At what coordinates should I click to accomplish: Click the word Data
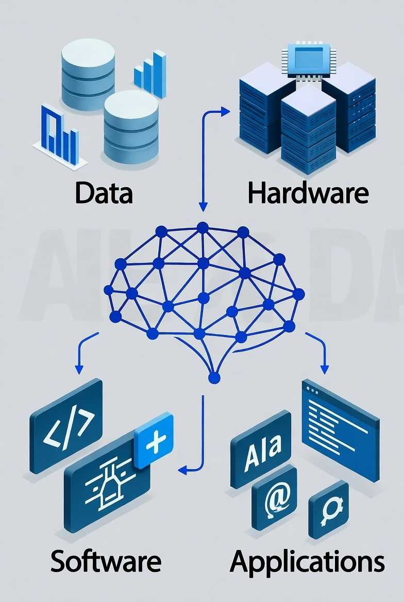pos(104,192)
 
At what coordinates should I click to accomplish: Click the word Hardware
pos(308,193)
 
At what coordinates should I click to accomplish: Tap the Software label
pos(106,561)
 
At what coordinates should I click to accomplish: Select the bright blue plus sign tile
pos(154,441)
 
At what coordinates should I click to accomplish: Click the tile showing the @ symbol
pos(274,497)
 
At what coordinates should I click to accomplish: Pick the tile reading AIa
pos(260,447)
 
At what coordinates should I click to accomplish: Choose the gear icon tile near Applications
pos(328,510)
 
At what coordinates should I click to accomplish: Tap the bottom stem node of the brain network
pos(214,378)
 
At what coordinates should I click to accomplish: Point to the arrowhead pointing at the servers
pos(225,110)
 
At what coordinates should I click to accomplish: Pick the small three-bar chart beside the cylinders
pos(150,75)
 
